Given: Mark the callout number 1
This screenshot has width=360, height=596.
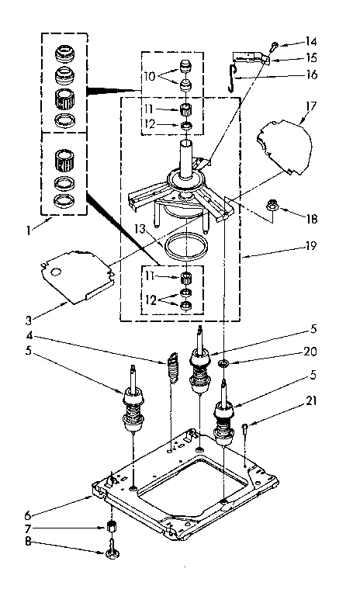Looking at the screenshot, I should click(29, 230).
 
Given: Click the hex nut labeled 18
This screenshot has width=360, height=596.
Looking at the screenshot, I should click(273, 206).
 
